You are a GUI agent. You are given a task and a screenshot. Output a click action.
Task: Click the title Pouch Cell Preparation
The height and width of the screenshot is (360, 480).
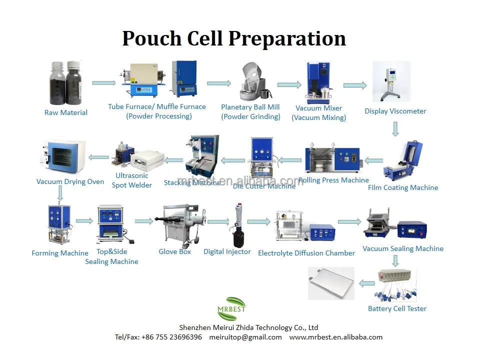(x=234, y=38)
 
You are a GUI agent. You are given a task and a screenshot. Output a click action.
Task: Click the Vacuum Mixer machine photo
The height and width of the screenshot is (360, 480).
(x=318, y=82)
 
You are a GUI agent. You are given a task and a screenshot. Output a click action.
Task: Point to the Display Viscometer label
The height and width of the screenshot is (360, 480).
(x=395, y=111)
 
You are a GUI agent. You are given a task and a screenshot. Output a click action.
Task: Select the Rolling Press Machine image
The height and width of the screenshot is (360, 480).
(x=332, y=158)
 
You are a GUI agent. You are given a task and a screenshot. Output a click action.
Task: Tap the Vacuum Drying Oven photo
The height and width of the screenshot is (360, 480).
(x=62, y=157)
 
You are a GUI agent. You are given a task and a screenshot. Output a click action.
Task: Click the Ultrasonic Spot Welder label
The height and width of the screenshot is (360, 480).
(x=132, y=180)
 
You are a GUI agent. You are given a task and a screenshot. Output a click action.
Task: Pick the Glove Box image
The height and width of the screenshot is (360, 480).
(x=179, y=223)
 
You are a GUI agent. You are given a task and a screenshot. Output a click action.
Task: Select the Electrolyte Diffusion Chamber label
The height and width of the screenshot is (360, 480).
(x=306, y=253)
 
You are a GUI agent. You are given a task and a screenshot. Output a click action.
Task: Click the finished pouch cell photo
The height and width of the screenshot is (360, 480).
(x=331, y=283)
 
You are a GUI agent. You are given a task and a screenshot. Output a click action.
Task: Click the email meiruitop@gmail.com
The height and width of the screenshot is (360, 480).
(x=245, y=337)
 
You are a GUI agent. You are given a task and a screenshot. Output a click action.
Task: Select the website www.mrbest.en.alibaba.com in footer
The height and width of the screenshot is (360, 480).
(x=335, y=337)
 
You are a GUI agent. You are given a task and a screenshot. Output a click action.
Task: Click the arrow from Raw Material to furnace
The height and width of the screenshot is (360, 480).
(x=103, y=83)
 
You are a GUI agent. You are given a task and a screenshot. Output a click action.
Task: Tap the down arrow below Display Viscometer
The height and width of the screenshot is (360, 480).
(x=395, y=129)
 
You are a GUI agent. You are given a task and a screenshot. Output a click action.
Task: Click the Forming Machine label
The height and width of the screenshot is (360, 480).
(x=60, y=253)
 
